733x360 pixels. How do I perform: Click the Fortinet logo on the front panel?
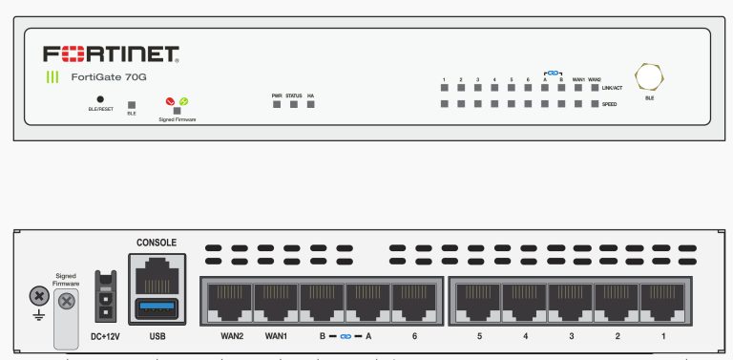111,53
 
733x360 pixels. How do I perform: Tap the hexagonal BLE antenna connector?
650,76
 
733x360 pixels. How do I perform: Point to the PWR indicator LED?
277,104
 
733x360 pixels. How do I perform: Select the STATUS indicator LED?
294,104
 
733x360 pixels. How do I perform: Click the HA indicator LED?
311,104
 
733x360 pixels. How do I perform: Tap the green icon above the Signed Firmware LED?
183,100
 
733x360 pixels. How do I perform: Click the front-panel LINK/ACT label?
613,87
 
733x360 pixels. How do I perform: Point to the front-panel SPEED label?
609,103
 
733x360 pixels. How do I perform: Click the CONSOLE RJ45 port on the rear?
157,276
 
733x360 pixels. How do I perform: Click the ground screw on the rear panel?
37,297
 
